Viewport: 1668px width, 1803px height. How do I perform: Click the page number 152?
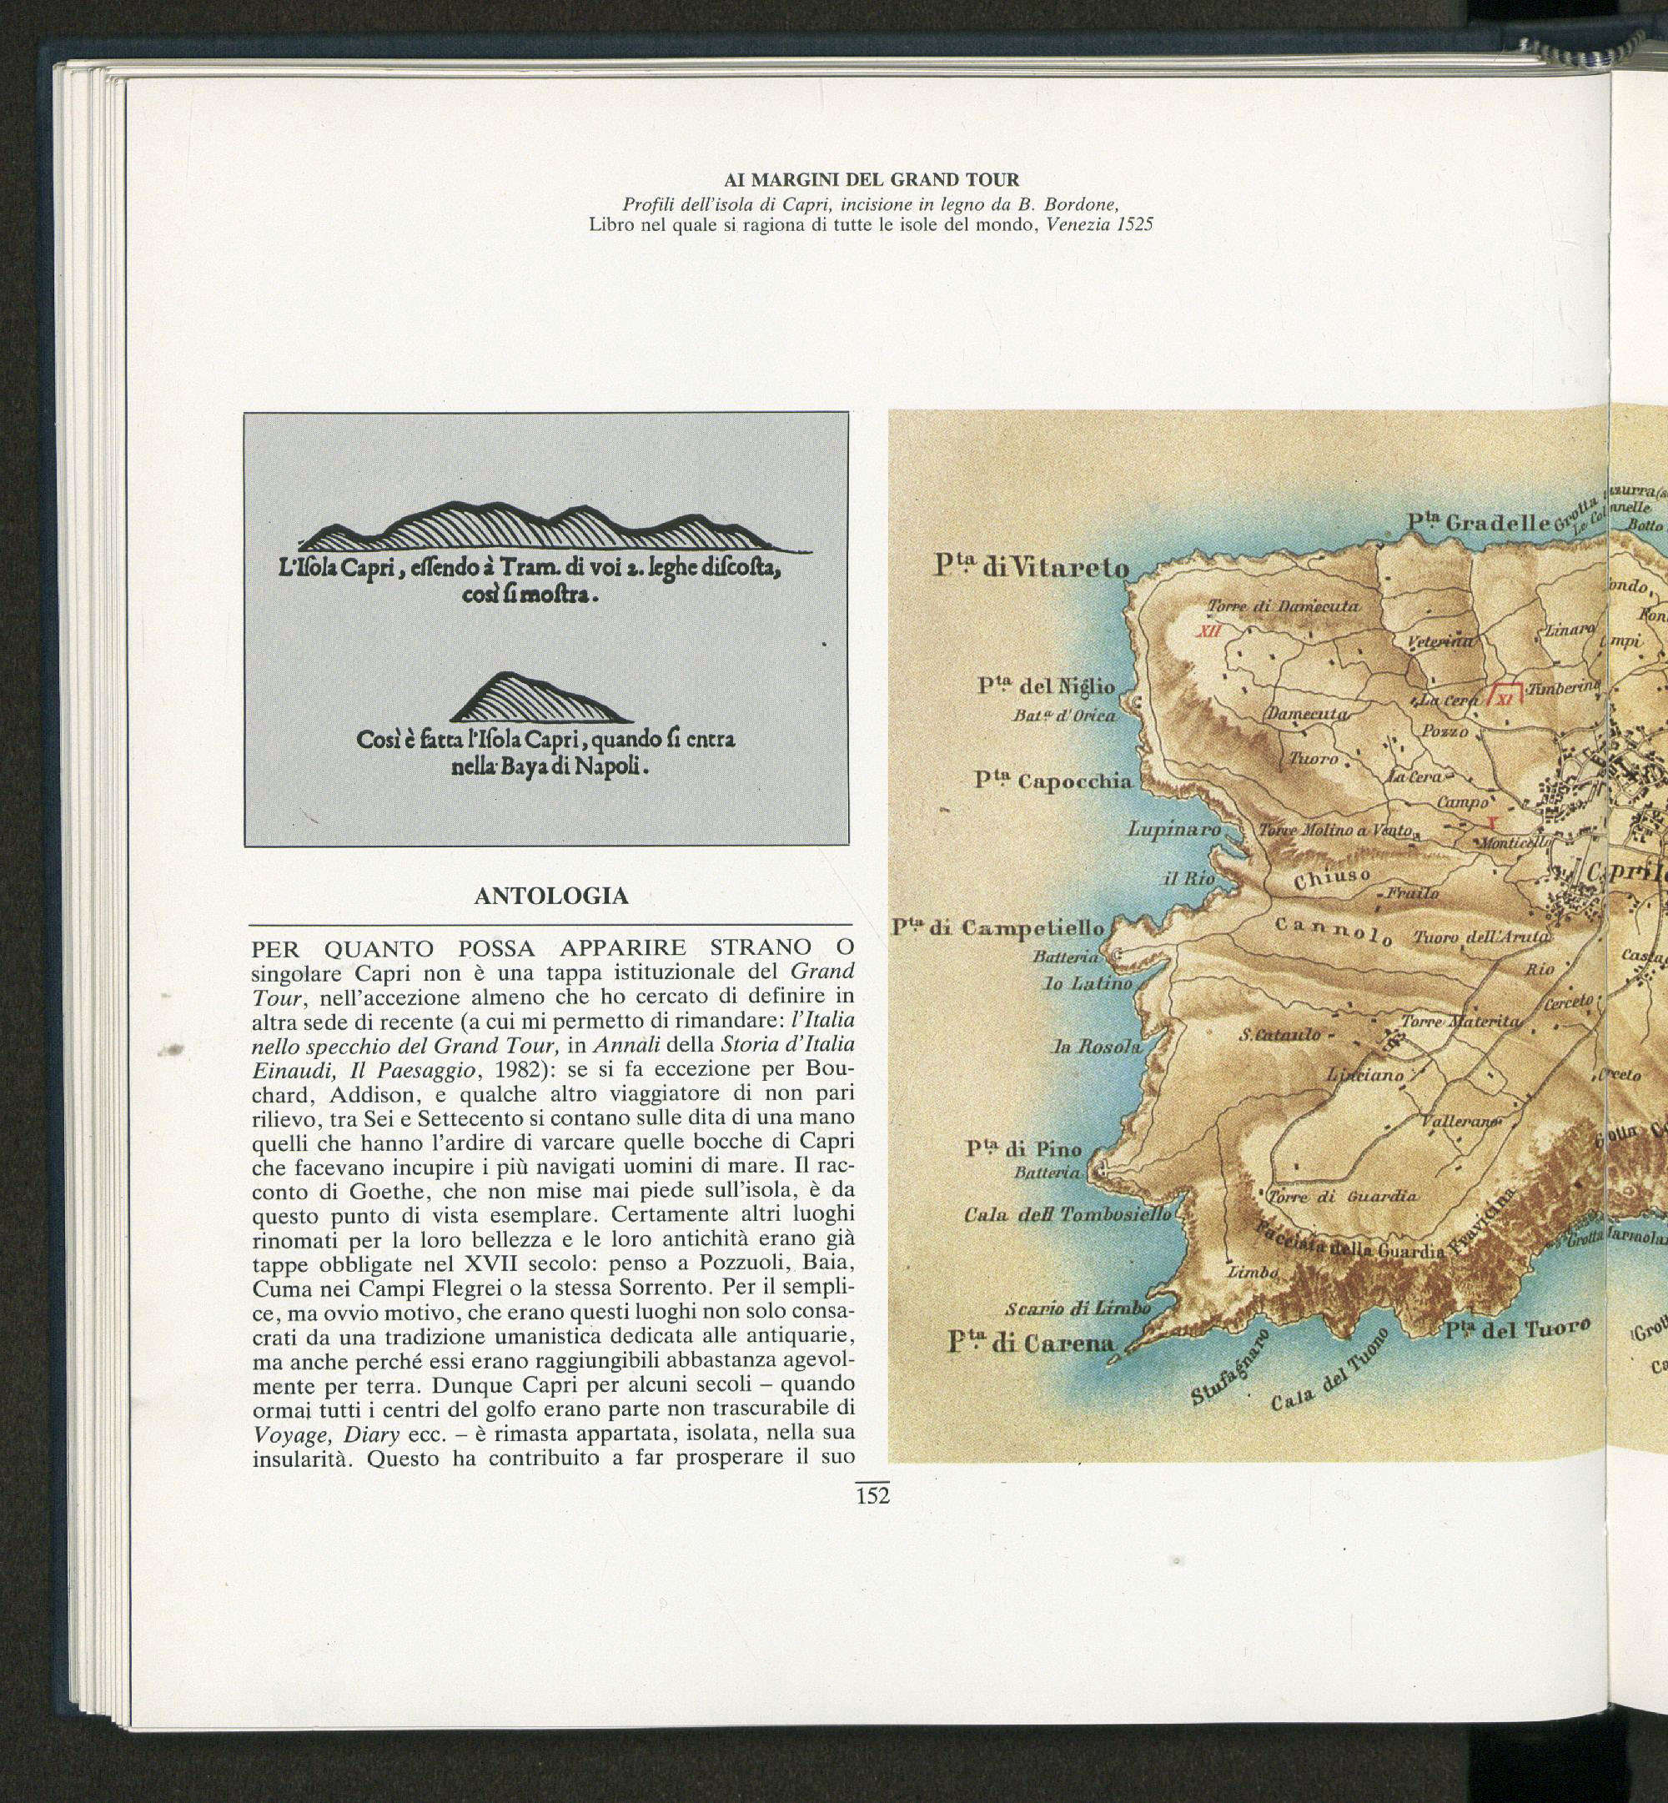point(872,1495)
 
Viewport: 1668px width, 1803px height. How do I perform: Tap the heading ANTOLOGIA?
point(550,896)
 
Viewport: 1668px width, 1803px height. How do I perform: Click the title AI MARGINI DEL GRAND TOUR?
point(871,179)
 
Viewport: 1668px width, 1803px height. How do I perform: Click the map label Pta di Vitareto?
point(1031,568)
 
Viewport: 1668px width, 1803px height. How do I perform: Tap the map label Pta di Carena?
point(1031,1343)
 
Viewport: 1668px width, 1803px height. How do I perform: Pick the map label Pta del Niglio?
point(1046,686)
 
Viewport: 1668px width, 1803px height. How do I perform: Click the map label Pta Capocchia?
point(1053,781)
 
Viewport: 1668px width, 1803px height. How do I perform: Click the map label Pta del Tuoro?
point(1516,1330)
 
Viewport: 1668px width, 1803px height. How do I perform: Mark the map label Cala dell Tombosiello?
point(1067,1214)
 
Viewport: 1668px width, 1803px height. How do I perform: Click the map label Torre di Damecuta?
point(1283,606)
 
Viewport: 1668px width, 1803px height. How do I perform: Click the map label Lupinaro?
point(1174,828)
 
